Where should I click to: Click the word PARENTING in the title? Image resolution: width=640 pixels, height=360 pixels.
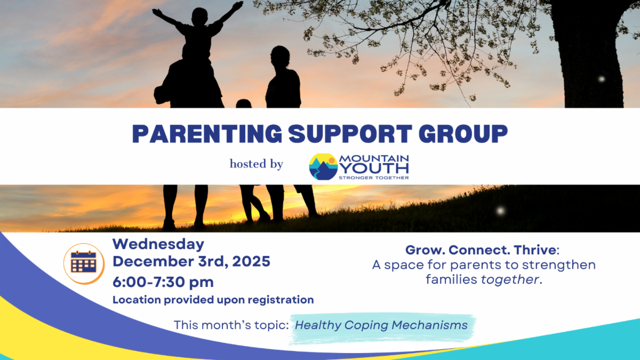coord(207,134)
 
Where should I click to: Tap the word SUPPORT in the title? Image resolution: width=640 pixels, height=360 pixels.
coord(350,134)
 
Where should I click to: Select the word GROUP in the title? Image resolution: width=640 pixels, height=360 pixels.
coord(463,134)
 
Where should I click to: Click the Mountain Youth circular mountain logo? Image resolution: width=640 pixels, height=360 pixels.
coord(323,167)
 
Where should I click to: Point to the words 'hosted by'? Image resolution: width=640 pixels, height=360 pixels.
coord(257,164)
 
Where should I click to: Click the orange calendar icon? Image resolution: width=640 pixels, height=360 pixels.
coord(84,263)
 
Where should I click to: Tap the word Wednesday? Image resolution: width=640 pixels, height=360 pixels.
coord(158,244)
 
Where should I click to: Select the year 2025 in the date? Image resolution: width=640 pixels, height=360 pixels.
coord(251,261)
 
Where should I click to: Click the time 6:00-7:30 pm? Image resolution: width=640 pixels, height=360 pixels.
coord(163,282)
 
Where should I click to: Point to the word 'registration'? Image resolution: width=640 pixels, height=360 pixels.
coord(281,300)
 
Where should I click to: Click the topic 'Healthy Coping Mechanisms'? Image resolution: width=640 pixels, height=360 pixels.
coord(381,325)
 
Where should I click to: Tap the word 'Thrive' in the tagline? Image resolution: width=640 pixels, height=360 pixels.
coord(535,250)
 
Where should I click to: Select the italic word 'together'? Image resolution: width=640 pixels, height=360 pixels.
coord(510,279)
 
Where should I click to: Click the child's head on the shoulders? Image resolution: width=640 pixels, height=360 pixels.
coord(199,17)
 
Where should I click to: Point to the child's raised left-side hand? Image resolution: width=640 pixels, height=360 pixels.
coord(156,12)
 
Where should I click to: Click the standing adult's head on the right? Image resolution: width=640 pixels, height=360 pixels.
coord(280,56)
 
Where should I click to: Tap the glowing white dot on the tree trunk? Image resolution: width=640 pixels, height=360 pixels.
coord(602,79)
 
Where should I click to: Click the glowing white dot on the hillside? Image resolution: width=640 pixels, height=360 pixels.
coord(500,211)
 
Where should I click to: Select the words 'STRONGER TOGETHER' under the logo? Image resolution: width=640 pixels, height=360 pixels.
coord(374,178)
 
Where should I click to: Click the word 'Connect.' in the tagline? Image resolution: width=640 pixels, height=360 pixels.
coord(479,250)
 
